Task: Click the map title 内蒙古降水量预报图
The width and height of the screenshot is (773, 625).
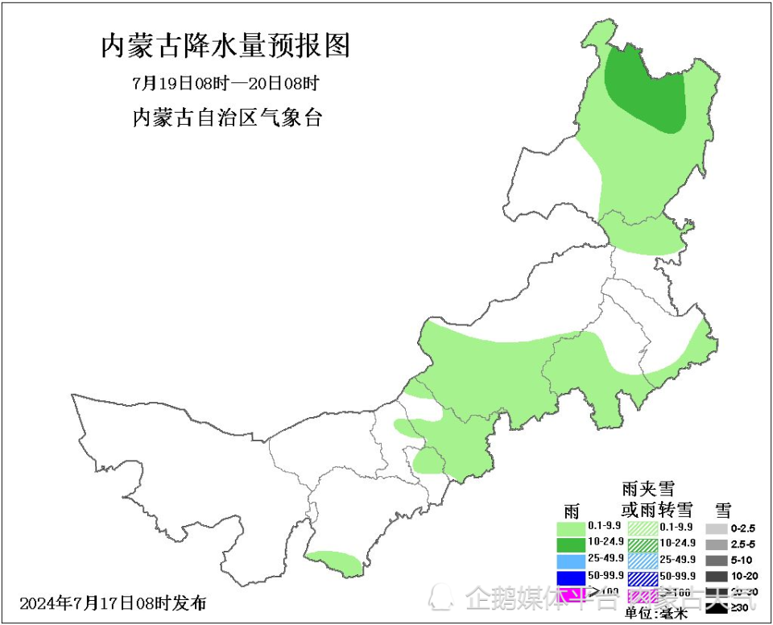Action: point(225,46)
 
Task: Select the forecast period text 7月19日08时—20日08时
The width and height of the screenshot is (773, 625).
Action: point(225,84)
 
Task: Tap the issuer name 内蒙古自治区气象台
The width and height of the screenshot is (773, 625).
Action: point(226,118)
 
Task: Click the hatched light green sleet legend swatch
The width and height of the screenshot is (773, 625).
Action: point(642,528)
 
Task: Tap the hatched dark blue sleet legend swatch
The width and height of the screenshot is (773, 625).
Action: point(642,577)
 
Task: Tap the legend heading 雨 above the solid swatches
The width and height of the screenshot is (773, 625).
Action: point(572,510)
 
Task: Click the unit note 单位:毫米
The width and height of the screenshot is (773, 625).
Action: point(656,614)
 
